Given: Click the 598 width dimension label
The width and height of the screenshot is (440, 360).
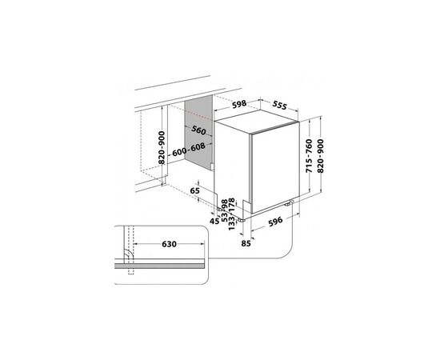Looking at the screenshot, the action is tap(239, 104).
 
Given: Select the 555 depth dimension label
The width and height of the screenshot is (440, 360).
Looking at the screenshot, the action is tap(280, 106).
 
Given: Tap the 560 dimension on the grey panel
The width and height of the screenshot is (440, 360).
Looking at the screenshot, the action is tap(198, 130).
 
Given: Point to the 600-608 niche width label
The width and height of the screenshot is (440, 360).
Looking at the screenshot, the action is tap(189, 150).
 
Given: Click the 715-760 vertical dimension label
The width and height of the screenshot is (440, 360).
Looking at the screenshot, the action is tap(309, 156).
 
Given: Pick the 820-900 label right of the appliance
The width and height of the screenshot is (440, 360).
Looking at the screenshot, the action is tap(320, 156).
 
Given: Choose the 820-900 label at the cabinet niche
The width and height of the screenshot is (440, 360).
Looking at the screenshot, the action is tap(162, 148).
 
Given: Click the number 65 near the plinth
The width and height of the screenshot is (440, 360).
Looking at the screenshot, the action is tap(194, 191).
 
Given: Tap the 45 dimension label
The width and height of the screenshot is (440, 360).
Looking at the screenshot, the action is tap(214, 221).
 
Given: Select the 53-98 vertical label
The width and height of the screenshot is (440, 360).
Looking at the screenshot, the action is tap(224, 210).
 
